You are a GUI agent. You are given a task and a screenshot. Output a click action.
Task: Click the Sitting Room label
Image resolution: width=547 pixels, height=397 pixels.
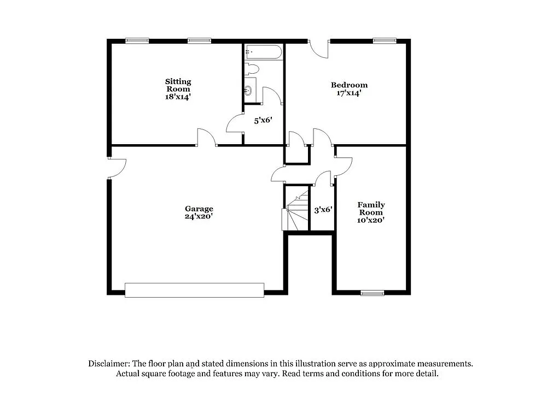click(178, 85)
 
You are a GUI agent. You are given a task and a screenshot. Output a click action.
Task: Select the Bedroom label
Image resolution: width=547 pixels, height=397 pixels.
click(349, 85)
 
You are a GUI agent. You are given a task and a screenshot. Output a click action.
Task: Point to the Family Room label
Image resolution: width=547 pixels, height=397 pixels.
click(371, 209)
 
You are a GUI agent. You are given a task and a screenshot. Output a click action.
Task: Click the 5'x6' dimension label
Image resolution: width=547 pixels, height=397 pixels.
click(263, 121)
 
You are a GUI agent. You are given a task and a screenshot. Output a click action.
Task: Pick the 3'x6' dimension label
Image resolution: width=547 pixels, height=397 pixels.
click(323, 209)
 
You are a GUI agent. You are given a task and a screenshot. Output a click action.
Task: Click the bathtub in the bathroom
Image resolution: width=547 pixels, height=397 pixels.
click(264, 52)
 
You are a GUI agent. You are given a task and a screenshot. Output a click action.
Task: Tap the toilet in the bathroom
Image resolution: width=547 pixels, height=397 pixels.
click(251, 69)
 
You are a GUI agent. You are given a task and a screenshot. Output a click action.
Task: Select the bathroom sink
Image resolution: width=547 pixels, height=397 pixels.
click(249, 90)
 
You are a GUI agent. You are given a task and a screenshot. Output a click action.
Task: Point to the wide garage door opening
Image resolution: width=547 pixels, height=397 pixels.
click(194, 290)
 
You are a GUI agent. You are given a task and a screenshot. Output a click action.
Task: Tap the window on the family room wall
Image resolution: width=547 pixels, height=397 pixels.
click(372, 293)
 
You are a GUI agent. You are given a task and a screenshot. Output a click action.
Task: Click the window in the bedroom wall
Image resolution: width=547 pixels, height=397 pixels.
click(385, 40)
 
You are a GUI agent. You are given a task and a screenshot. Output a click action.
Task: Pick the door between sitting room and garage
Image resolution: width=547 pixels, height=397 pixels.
click(207, 138)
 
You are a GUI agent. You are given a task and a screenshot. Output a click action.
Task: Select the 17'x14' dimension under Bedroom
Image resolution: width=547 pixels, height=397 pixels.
click(349, 93)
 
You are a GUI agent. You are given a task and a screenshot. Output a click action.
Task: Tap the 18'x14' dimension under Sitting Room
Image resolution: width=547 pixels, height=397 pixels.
click(178, 97)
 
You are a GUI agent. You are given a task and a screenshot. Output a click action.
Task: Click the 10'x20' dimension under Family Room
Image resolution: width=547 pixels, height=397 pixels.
click(371, 220)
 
